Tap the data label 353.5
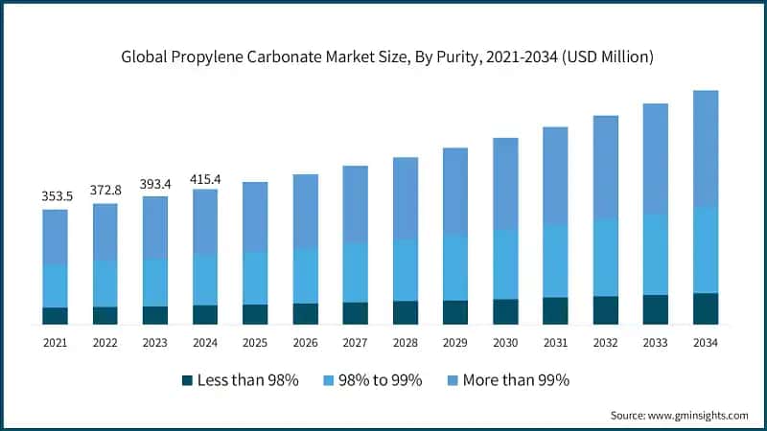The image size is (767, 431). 55,195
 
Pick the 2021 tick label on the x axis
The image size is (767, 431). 55,342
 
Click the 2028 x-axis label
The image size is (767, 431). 405,342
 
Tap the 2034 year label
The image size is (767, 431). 705,342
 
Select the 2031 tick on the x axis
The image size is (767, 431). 555,342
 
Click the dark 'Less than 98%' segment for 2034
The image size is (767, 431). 705,308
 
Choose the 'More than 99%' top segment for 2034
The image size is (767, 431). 705,148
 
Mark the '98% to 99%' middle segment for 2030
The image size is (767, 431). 505,264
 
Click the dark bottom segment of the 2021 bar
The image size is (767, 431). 55,316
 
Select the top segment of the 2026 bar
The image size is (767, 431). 305,211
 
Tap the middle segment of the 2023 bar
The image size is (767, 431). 154,283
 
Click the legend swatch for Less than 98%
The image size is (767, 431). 187,381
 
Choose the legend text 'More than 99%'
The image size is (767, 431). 516,380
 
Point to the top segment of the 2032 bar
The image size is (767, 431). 605,168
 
